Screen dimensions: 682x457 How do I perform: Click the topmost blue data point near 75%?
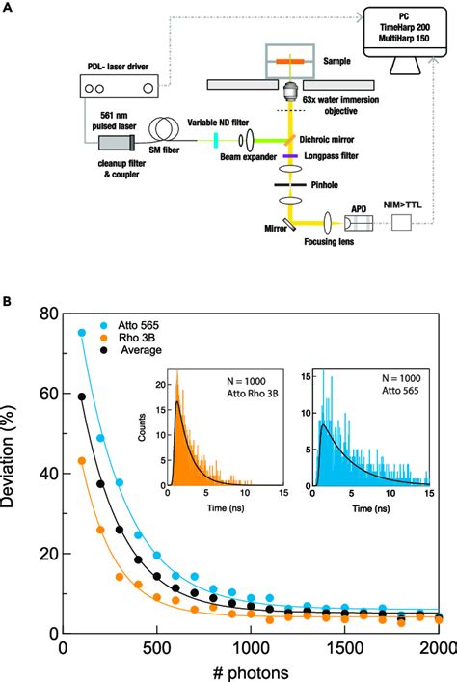tap(82, 333)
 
